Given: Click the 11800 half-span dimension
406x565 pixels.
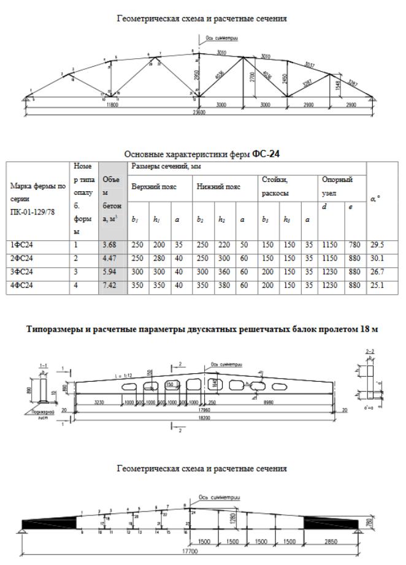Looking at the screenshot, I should coord(112,105).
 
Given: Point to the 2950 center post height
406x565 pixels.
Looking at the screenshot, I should coord(195,75).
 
